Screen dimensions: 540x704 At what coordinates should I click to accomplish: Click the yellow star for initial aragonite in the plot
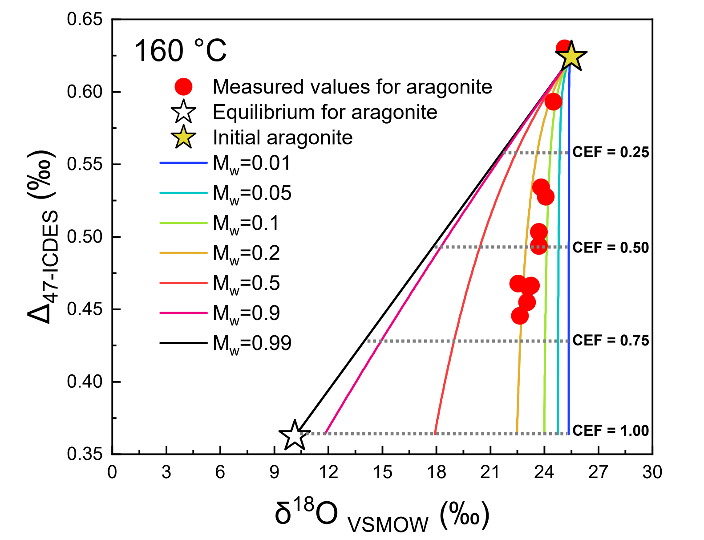pyautogui.click(x=571, y=57)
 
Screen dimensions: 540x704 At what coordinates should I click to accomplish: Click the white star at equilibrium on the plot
pyautogui.click(x=294, y=435)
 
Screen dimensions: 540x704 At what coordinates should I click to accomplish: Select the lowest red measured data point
pyautogui.click(x=520, y=316)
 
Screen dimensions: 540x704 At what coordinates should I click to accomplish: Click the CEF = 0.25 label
pyautogui.click(x=611, y=152)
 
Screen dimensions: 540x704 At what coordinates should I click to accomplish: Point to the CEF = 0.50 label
pyautogui.click(x=611, y=247)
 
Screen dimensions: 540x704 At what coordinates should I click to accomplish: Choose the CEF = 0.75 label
pyautogui.click(x=611, y=341)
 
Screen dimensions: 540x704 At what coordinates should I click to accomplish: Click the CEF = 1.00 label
pyautogui.click(x=611, y=430)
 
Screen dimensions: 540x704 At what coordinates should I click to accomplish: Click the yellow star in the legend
pyautogui.click(x=183, y=137)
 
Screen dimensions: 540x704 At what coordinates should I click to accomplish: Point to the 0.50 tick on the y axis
pyautogui.click(x=85, y=237)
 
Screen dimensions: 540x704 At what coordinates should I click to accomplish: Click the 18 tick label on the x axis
pyautogui.click(x=436, y=472)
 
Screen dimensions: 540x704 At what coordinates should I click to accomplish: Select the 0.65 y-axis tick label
pyautogui.click(x=85, y=20)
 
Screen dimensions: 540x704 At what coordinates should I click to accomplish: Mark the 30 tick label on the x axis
pyautogui.click(x=652, y=472)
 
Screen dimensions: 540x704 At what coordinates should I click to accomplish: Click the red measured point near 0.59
pyautogui.click(x=553, y=102)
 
